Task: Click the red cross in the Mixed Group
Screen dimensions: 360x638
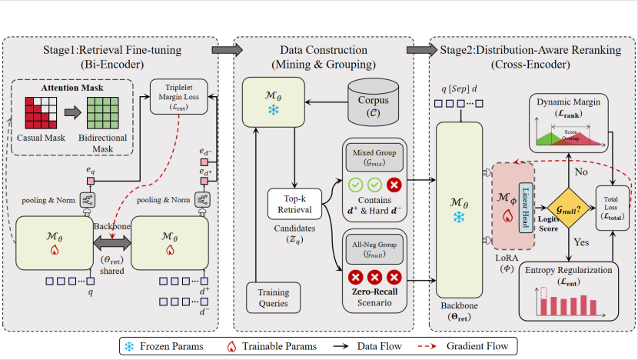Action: tap(394, 186)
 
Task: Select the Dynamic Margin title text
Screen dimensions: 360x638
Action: tap(568, 102)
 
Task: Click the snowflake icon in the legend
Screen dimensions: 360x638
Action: tap(129, 346)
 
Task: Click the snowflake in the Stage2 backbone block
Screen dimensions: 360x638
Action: tap(458, 218)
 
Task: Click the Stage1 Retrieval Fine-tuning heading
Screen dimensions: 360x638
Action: tap(112, 51)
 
